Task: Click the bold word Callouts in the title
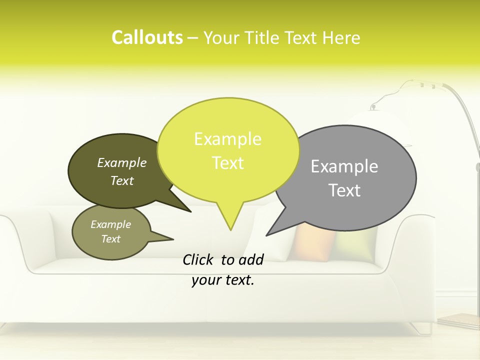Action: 147,37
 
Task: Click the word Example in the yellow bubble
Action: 227,139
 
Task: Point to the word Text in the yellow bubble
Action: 227,163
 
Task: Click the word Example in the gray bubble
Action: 344,166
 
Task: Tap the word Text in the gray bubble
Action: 344,190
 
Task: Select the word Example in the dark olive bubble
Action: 122,163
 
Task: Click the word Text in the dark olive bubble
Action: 122,180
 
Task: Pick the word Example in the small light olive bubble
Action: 110,224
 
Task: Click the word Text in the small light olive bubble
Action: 110,239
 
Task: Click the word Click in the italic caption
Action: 199,259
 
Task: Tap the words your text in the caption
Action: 223,280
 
